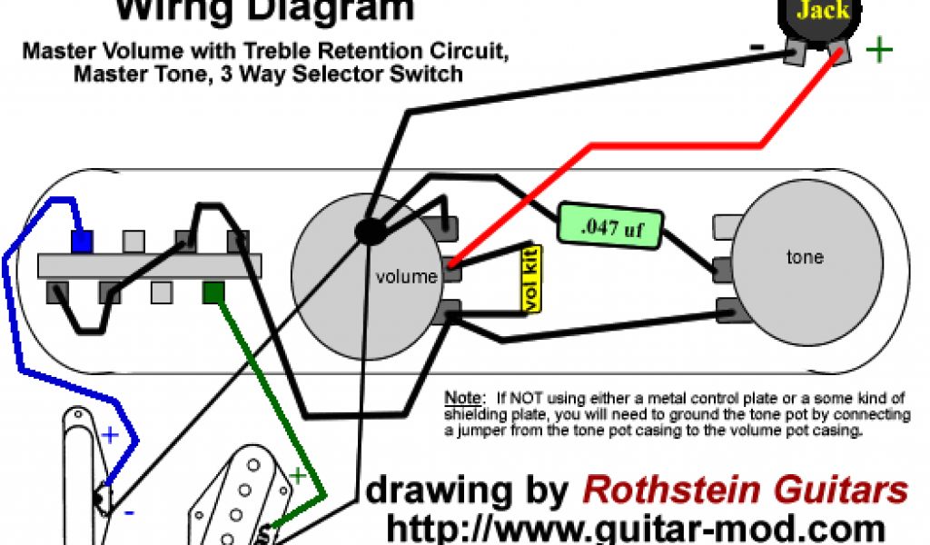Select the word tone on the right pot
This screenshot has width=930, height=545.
805,257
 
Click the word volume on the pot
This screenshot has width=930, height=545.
406,276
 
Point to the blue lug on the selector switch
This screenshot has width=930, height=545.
82,241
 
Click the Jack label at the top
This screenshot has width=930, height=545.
822,11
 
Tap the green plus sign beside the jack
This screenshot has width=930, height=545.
878,50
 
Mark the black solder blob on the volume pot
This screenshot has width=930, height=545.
369,232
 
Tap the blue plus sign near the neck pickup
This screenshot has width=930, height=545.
110,434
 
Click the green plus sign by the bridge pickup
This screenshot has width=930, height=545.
297,474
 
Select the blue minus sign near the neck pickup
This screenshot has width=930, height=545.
130,512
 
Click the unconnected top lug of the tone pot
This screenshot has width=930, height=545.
727,223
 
